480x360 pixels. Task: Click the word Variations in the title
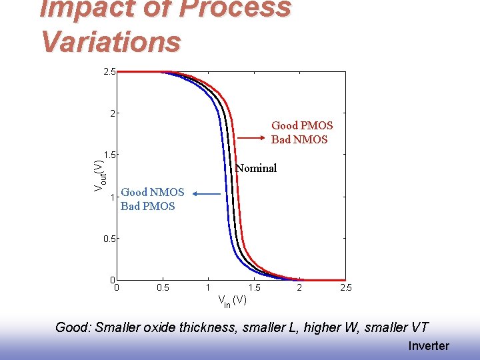(110, 41)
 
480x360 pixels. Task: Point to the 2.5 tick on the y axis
(109, 71)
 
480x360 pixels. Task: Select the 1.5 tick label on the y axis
(109, 155)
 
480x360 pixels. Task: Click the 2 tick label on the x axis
(299, 288)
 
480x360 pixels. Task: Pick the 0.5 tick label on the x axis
(162, 288)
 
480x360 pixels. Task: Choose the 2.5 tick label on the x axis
(345, 288)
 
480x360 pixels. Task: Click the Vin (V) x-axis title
(232, 301)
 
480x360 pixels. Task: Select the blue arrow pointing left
(206, 194)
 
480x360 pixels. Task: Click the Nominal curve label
(257, 168)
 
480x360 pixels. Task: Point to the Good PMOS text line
(301, 125)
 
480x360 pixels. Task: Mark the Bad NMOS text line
(299, 139)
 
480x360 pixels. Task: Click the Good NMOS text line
(153, 192)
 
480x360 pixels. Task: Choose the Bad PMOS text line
(148, 206)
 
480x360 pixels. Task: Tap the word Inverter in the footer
(428, 345)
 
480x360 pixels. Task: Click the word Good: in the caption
(73, 327)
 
